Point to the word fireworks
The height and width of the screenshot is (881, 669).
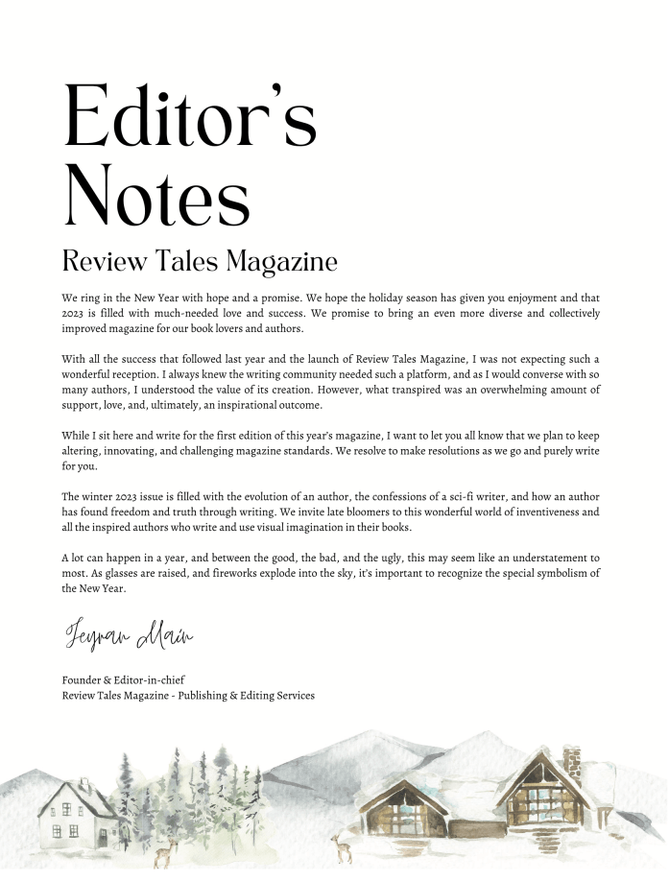coord(275,574)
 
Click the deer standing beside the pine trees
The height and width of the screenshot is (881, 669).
coord(171,849)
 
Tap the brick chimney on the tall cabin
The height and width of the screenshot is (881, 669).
coord(572,763)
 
